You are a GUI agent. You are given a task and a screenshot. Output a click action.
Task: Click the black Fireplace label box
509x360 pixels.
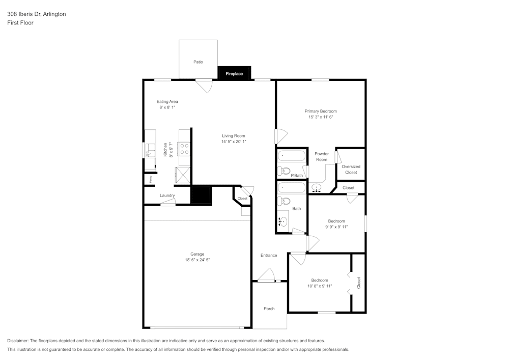[x=234, y=73]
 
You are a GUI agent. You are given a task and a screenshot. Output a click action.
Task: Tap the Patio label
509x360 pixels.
[x=198, y=62]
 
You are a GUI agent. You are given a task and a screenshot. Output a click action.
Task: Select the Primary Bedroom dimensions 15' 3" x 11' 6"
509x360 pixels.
[x=321, y=117]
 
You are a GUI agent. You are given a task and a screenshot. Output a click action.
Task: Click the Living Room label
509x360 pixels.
[x=234, y=136]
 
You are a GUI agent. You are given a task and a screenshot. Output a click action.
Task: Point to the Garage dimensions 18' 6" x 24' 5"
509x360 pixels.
[x=197, y=260]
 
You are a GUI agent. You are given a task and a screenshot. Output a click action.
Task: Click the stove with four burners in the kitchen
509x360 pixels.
[x=184, y=149]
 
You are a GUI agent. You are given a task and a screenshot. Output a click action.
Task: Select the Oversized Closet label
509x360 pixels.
[x=351, y=170]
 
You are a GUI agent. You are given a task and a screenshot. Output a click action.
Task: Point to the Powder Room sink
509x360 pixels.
[x=317, y=188]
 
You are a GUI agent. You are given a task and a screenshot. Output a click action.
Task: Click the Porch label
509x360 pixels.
[x=269, y=309]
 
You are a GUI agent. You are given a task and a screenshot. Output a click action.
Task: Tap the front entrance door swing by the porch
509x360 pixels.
[x=266, y=277]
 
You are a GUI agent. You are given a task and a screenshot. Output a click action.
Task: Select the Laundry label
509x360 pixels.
[x=167, y=196]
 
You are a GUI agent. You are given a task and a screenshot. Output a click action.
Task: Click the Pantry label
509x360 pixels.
[x=151, y=179]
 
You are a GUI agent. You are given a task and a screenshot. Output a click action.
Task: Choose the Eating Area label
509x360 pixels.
[x=167, y=102]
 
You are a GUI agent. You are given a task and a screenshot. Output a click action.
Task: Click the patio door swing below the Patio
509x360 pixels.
[x=205, y=85]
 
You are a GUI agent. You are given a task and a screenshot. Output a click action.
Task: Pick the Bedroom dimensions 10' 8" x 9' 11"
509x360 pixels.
[x=320, y=286]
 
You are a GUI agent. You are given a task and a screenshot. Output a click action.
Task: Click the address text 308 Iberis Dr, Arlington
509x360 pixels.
[x=36, y=14]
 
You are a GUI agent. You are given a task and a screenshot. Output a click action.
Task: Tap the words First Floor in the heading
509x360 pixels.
[x=20, y=23]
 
